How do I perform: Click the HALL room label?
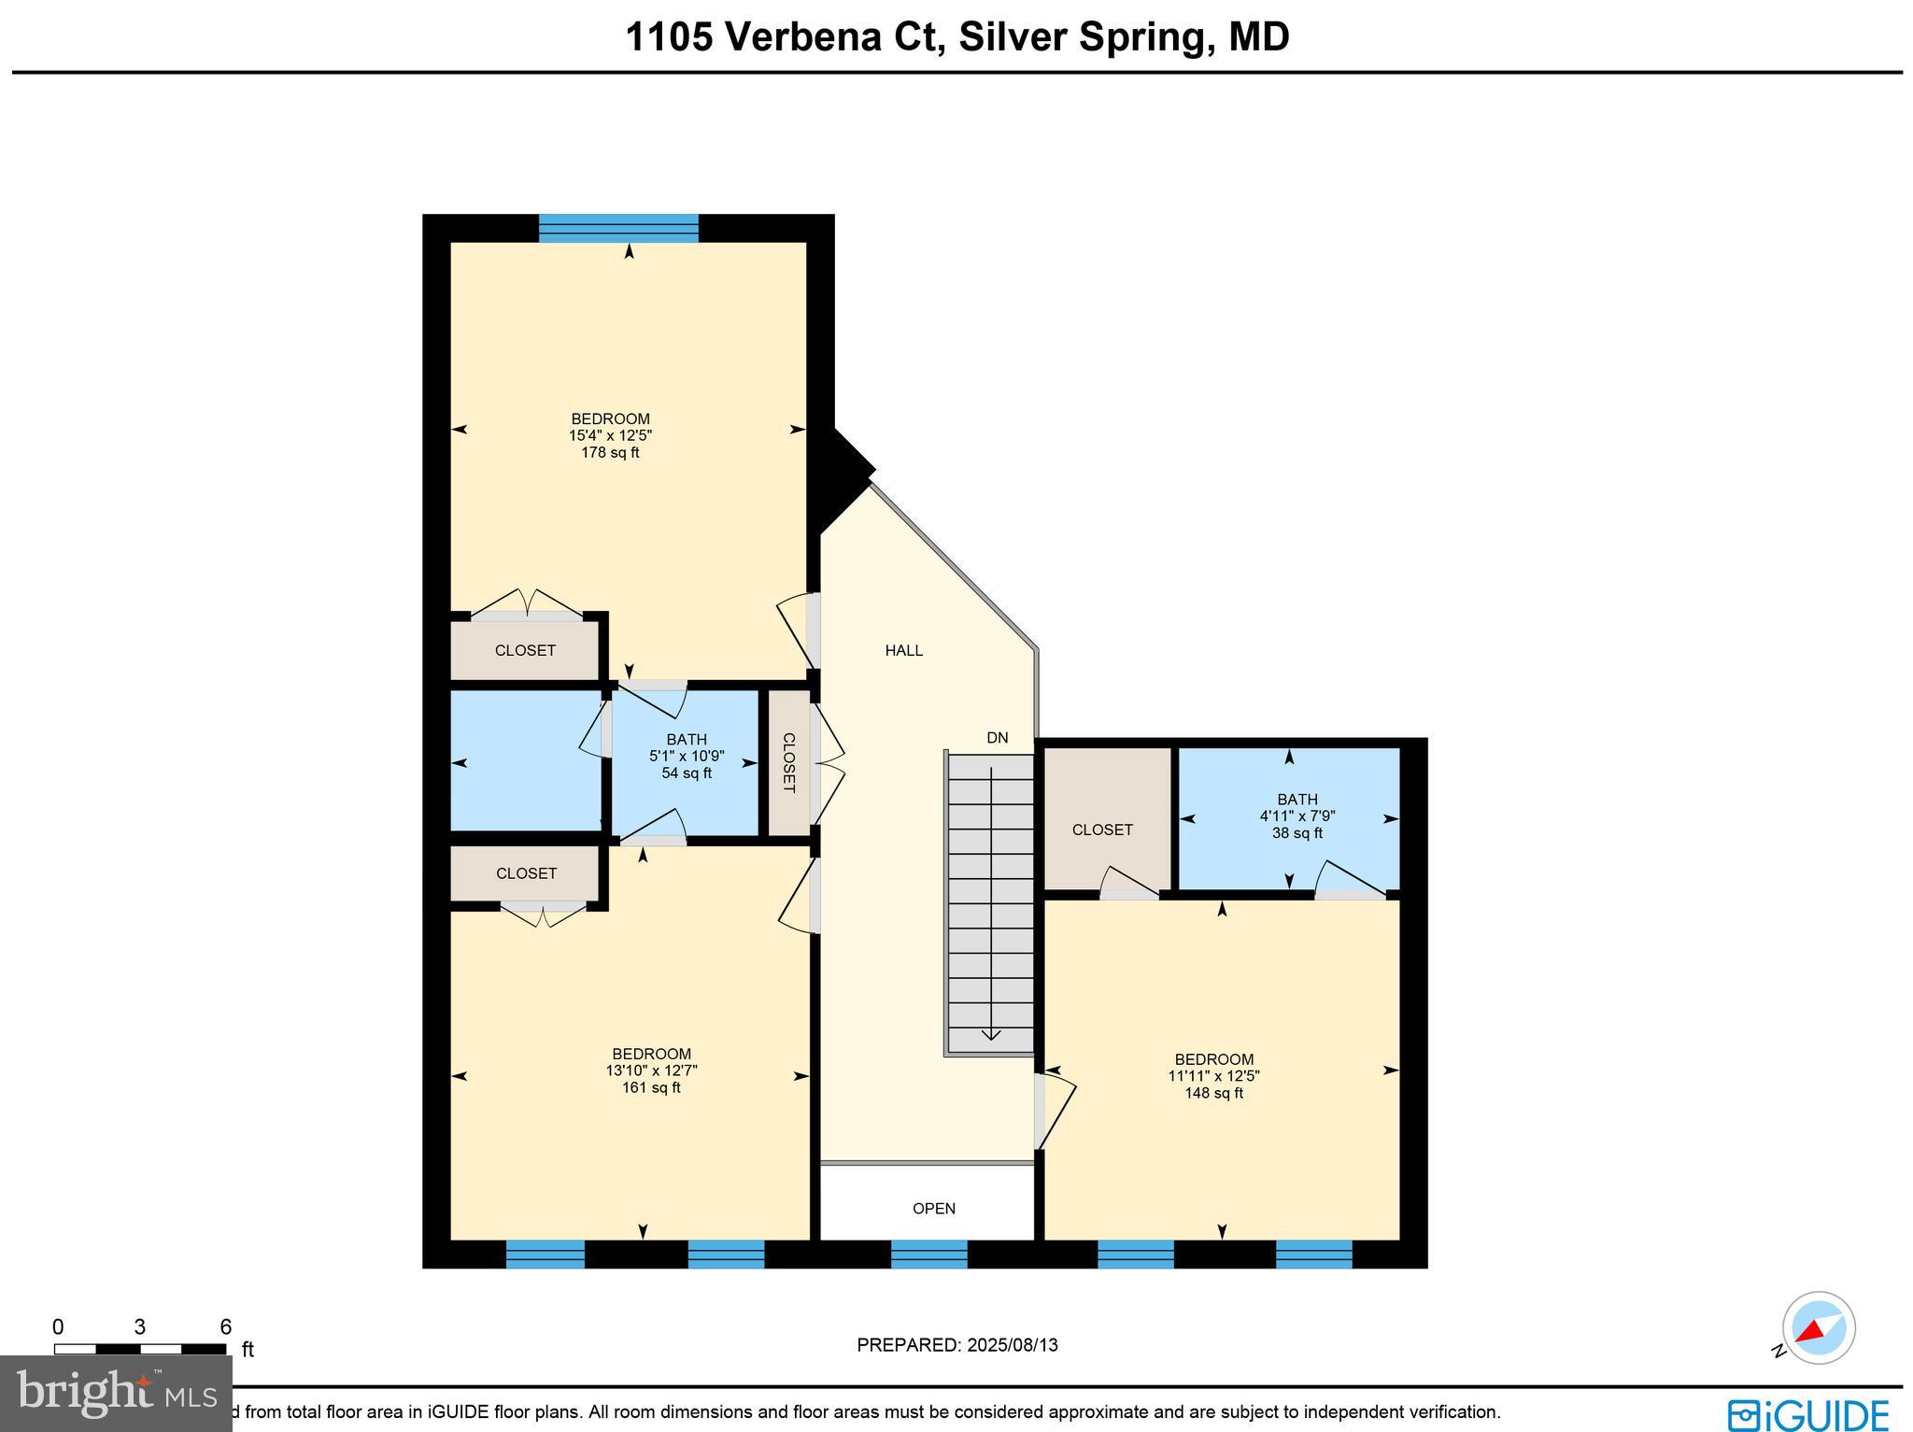(x=903, y=650)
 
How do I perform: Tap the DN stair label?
(x=997, y=738)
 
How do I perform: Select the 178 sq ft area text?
(x=610, y=453)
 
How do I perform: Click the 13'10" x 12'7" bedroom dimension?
(x=651, y=1070)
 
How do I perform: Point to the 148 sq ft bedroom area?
(x=1213, y=1093)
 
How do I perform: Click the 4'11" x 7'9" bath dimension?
(x=1297, y=815)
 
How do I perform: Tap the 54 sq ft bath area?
(x=687, y=773)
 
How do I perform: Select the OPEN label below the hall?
(x=933, y=1208)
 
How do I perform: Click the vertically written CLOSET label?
(x=788, y=762)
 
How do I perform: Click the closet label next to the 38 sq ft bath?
(x=1102, y=829)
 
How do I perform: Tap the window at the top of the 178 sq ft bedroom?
(x=618, y=228)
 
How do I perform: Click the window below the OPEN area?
(x=928, y=1254)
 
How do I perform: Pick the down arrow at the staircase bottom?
(x=991, y=1033)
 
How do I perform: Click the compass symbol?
(x=1818, y=1328)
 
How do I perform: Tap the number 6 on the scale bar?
(x=225, y=1326)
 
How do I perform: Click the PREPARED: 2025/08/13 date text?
(x=956, y=1345)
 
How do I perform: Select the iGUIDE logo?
(x=1807, y=1414)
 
